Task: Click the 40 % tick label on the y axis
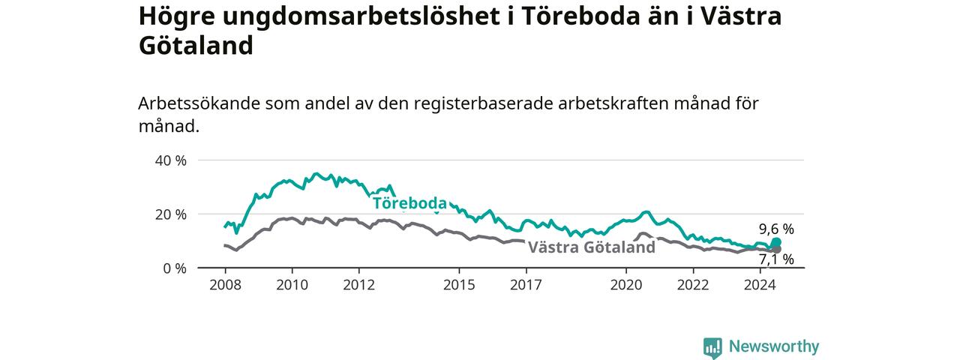point(170,160)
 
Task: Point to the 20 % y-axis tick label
point(170,214)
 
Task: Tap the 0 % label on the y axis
point(175,268)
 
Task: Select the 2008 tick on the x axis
point(226,285)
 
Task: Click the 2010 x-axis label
point(292,285)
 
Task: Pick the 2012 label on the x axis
point(359,285)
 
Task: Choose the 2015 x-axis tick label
point(460,285)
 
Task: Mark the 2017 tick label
point(526,285)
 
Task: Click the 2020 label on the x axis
point(626,285)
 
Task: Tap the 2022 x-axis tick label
point(694,285)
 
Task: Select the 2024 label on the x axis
point(760,285)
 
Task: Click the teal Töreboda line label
point(409,203)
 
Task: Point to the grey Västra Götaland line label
point(592,247)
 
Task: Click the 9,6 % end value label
point(776,229)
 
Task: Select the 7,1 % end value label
point(776,259)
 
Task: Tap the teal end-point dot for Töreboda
point(776,242)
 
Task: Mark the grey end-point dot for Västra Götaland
point(776,250)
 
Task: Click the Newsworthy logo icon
point(712,347)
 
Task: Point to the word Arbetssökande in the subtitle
point(199,103)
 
